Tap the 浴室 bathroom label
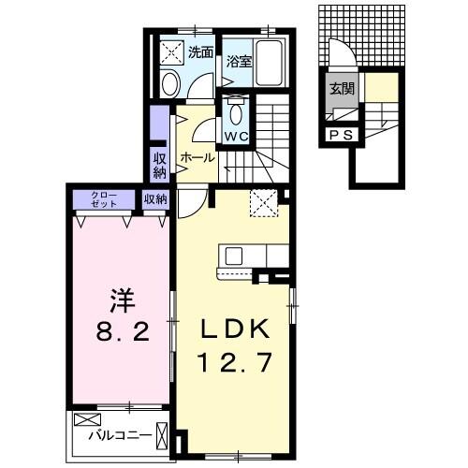pyautogui.click(x=240, y=62)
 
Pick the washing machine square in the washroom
pyautogui.click(x=172, y=52)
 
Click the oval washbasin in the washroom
pyautogui.click(x=170, y=84)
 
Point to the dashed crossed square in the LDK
pyautogui.click(x=263, y=202)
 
